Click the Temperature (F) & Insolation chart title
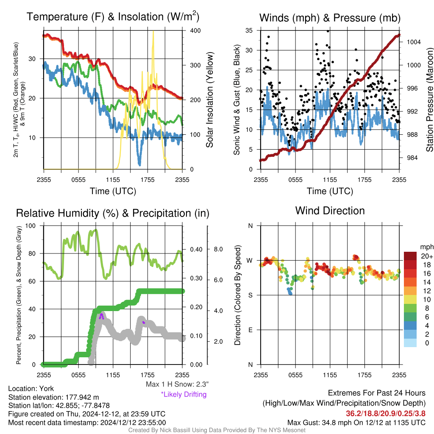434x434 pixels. pyautogui.click(x=113, y=17)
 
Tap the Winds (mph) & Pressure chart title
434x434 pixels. pyautogui.click(x=330, y=18)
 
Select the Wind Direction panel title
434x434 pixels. pyautogui.click(x=330, y=211)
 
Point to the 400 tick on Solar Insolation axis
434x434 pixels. pyautogui.click(x=195, y=31)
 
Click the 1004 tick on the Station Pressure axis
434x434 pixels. pyautogui.click(x=414, y=42)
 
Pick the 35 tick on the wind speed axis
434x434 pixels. pyautogui.click(x=249, y=31)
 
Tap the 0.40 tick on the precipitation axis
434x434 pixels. pyautogui.click(x=196, y=249)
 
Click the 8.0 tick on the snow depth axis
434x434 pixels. pyautogui.click(x=218, y=249)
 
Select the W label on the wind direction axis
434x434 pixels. pyautogui.click(x=250, y=261)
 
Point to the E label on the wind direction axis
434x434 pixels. pyautogui.click(x=250, y=330)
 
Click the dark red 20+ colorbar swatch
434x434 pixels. pyautogui.click(x=410, y=256)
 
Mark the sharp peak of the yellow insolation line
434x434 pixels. pyautogui.click(x=153, y=31)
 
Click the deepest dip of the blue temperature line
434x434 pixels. pyautogui.click(x=139, y=165)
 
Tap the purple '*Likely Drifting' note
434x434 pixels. pyautogui.click(x=184, y=395)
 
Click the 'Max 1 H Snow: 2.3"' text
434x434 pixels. pyautogui.click(x=177, y=384)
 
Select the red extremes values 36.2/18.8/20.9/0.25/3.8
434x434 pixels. pyautogui.click(x=386, y=414)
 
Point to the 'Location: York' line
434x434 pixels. pyautogui.click(x=31, y=389)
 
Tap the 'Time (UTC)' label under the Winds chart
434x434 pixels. pyautogui.click(x=330, y=191)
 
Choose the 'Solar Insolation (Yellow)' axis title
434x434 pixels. pyautogui.click(x=210, y=100)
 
